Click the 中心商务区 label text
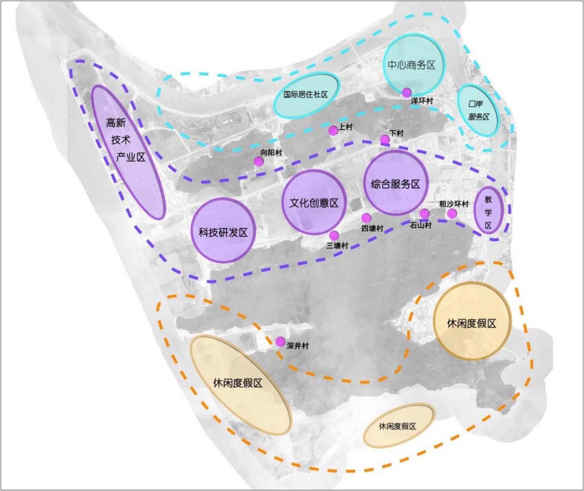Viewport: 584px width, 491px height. pyautogui.click(x=411, y=65)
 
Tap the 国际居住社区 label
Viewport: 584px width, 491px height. pyautogui.click(x=305, y=94)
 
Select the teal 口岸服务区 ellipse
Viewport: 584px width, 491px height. pyautogui.click(x=478, y=110)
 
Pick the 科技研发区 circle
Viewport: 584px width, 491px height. pyautogui.click(x=223, y=230)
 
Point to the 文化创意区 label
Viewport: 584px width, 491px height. pyautogui.click(x=314, y=203)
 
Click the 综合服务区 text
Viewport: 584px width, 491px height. pyautogui.click(x=396, y=184)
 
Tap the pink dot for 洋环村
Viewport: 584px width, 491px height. pyautogui.click(x=407, y=92)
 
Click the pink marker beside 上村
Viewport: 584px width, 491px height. pyautogui.click(x=333, y=131)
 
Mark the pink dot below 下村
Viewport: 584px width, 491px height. pyautogui.click(x=385, y=139)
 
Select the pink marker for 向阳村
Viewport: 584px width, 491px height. pyautogui.click(x=259, y=162)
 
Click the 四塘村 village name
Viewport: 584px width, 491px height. pyautogui.click(x=372, y=228)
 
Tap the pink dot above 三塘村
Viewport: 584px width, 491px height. pyautogui.click(x=334, y=235)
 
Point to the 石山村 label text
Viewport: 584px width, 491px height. pyautogui.click(x=421, y=225)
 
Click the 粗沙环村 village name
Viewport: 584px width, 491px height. pyautogui.click(x=454, y=204)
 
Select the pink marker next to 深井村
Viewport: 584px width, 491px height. pyautogui.click(x=280, y=342)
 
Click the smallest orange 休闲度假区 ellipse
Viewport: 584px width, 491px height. pyautogui.click(x=399, y=426)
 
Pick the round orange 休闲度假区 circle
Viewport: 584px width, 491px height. pyautogui.click(x=472, y=321)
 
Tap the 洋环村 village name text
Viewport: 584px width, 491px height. pyautogui.click(x=422, y=101)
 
